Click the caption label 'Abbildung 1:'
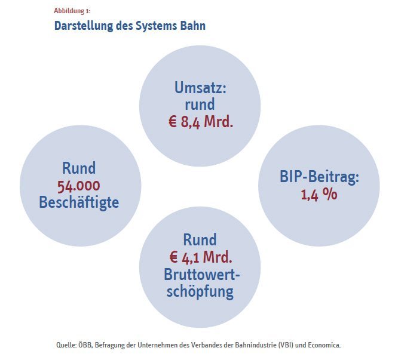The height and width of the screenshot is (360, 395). (72, 11)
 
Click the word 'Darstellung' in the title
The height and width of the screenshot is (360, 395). (84, 26)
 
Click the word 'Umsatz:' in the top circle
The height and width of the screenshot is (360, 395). (200, 88)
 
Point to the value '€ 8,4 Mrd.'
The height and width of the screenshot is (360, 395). (201, 122)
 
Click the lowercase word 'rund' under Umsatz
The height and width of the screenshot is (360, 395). (200, 104)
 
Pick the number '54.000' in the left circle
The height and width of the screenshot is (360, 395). (79, 186)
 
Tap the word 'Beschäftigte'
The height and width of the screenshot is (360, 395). (79, 202)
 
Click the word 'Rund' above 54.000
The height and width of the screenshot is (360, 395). (79, 168)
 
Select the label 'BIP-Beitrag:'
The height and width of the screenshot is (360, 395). (319, 177)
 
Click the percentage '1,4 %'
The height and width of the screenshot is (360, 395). (319, 195)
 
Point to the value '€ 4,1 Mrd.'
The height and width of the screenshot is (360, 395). (201, 257)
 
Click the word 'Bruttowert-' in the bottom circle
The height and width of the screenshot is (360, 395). (201, 275)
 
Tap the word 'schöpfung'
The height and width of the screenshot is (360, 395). (200, 292)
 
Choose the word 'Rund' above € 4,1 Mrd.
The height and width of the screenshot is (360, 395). (200, 239)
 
